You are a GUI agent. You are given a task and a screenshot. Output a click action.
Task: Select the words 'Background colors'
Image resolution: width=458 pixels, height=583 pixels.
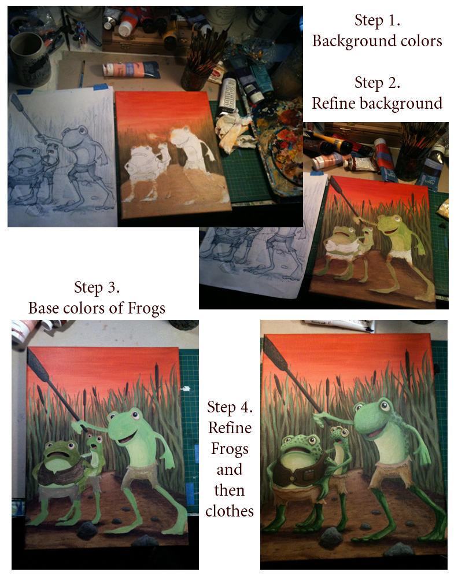[377, 41]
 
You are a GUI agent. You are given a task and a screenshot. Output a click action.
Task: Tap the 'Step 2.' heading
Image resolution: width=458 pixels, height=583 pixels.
[377, 83]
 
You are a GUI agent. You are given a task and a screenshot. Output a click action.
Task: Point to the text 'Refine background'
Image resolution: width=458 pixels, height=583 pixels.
[377, 104]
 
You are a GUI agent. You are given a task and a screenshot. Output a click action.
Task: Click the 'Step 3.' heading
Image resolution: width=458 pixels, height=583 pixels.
[97, 287]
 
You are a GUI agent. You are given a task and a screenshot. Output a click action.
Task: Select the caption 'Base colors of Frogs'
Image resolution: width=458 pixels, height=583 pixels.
[97, 308]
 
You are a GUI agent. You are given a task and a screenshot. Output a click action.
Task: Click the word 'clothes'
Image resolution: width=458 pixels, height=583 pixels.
[230, 511]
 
